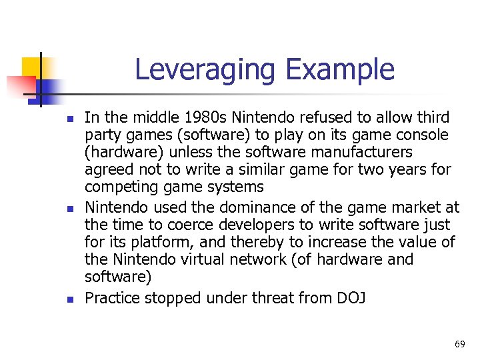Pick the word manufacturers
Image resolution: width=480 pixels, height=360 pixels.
pyautogui.click(x=356, y=153)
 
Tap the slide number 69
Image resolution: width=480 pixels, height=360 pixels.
pyautogui.click(x=459, y=344)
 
